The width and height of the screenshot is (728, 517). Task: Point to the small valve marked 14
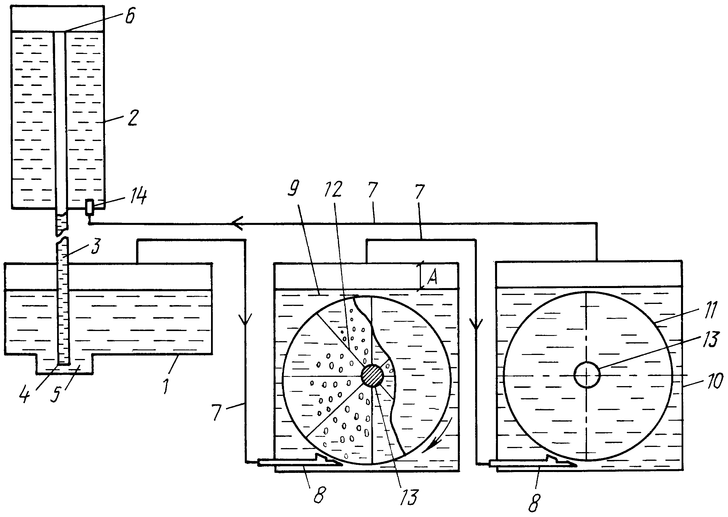pyautogui.click(x=89, y=207)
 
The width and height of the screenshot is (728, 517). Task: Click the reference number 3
pyautogui.click(x=95, y=245)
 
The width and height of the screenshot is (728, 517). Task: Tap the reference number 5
pyautogui.click(x=56, y=395)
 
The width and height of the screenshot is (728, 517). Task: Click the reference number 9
pyautogui.click(x=293, y=189)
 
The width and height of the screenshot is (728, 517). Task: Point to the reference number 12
pyautogui.click(x=333, y=189)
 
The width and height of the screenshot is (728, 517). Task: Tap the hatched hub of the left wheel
pyautogui.click(x=372, y=376)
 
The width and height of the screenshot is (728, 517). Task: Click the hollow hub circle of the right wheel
pyautogui.click(x=587, y=375)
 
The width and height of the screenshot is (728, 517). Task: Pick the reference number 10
pyautogui.click(x=715, y=381)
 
